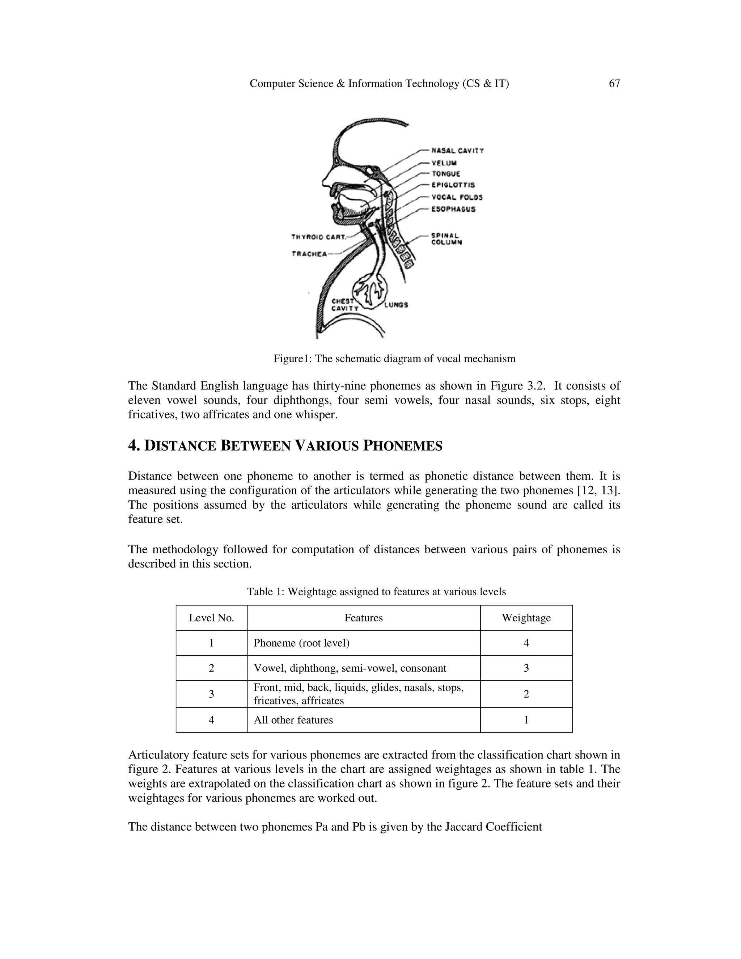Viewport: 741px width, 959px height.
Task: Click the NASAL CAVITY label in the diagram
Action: [457, 151]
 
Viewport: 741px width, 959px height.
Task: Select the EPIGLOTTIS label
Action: [453, 185]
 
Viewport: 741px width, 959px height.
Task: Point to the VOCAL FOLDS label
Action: [457, 198]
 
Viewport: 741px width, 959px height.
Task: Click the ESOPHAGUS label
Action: [453, 209]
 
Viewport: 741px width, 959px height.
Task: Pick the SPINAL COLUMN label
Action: [446, 239]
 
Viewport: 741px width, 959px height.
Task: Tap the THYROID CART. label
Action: [319, 237]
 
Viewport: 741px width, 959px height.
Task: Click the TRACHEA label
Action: [309, 254]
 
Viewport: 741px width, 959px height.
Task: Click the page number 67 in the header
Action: [614, 84]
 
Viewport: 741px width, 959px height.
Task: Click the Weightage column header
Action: [526, 618]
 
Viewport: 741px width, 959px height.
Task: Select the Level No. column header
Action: [211, 618]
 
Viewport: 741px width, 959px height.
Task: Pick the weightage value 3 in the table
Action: [526, 668]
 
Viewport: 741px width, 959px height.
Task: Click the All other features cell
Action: [293, 720]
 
